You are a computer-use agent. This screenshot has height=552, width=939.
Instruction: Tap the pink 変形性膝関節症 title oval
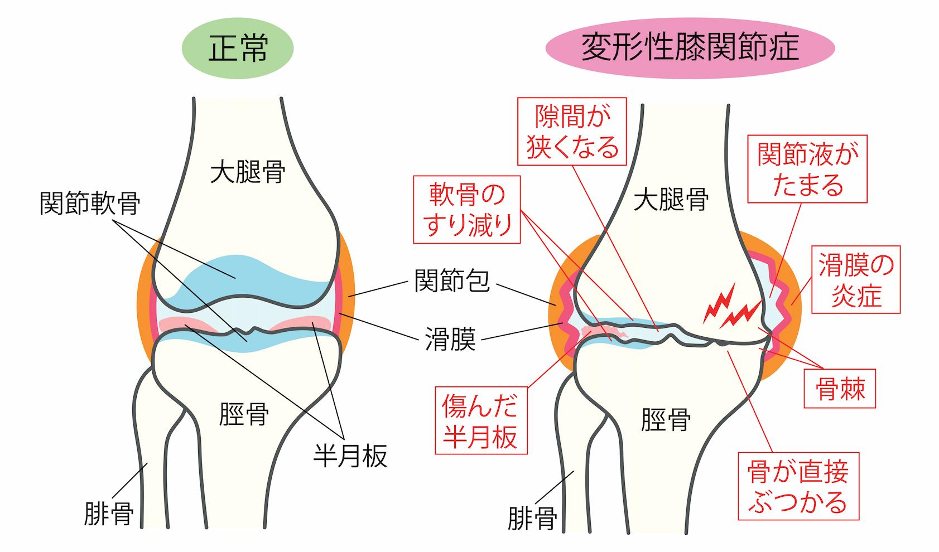click(690, 47)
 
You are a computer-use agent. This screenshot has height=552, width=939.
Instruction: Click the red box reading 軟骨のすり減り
click(467, 210)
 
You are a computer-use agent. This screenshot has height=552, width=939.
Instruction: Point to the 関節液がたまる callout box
click(807, 169)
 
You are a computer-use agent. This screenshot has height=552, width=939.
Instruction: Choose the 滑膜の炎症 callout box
click(855, 279)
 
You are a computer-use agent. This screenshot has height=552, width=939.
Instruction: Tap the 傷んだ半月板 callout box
click(480, 422)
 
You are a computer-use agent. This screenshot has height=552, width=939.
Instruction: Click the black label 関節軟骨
click(90, 205)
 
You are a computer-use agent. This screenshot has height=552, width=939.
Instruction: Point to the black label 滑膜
click(450, 340)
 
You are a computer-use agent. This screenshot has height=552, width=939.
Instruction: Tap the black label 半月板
click(350, 457)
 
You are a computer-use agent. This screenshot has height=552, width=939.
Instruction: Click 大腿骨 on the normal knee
click(248, 172)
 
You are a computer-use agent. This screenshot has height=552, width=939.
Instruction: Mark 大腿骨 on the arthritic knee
click(671, 199)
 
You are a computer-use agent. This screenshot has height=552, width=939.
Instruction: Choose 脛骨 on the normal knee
click(244, 414)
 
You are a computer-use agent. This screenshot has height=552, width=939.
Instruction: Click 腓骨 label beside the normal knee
click(108, 514)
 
